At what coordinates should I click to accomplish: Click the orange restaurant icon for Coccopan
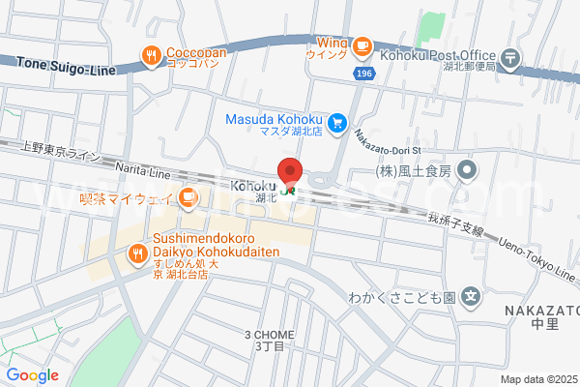tap(151, 57)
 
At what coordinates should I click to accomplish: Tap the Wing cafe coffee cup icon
tap(362, 45)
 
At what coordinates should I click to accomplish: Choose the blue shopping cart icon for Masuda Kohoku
tap(337, 123)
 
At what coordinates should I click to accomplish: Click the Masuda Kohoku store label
tap(274, 119)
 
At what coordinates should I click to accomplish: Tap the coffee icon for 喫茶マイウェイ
tap(188, 199)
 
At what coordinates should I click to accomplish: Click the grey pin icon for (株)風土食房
tap(468, 172)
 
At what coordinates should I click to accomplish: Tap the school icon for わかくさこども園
tap(471, 297)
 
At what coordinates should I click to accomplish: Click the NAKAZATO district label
tap(540, 310)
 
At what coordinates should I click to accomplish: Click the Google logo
tap(32, 374)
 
